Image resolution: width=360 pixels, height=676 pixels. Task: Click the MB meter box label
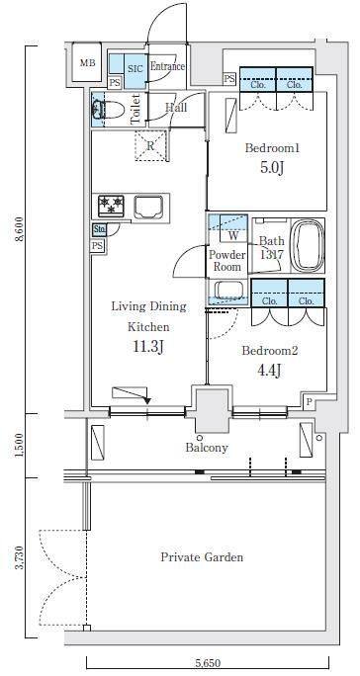point(87,63)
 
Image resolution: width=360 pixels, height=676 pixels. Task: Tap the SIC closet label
point(134,68)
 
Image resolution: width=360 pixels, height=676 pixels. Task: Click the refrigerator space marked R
point(150,145)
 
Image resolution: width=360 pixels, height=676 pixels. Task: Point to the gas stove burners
point(111,207)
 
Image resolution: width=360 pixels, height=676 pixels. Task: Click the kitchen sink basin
point(148,207)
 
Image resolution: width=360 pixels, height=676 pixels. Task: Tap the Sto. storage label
point(99,229)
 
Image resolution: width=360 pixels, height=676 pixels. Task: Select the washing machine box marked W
point(233,235)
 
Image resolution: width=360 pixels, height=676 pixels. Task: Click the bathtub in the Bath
point(307,246)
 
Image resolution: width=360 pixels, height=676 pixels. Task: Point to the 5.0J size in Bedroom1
point(272,167)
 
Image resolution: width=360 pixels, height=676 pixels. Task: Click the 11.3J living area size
point(147,346)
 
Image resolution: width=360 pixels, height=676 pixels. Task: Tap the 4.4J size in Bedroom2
point(269,370)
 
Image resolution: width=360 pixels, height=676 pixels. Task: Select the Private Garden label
point(202,557)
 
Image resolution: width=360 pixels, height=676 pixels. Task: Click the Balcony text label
point(207,448)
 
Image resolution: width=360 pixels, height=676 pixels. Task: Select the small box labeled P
point(309,401)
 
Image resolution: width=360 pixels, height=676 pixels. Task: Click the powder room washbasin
point(227,290)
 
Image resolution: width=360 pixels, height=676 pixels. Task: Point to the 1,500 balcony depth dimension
point(19,446)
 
